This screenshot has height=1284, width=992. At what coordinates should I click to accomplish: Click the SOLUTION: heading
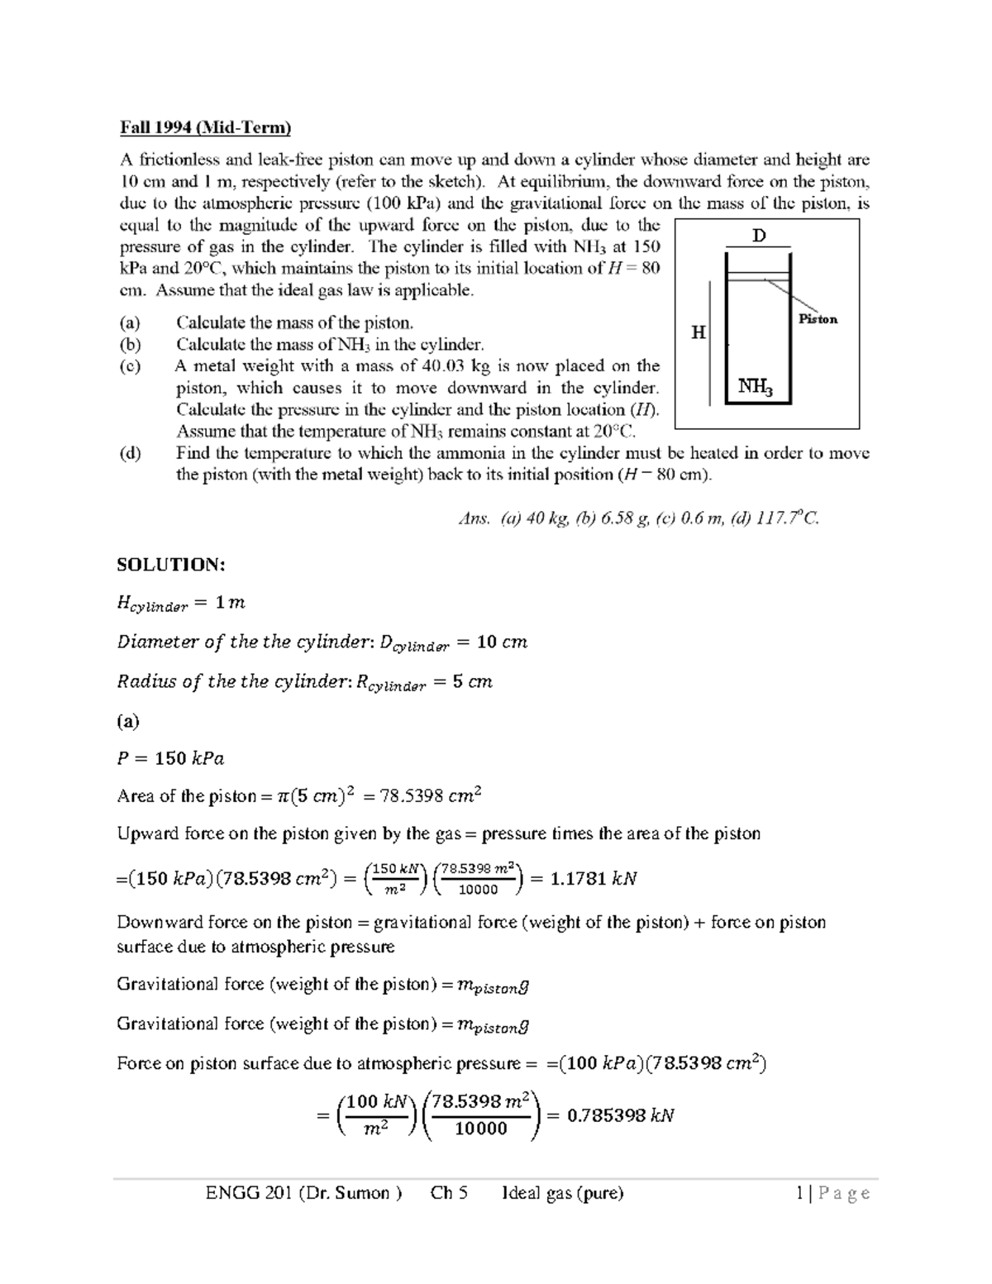coord(170,565)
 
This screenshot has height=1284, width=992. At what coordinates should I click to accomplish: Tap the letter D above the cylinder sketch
coord(759,236)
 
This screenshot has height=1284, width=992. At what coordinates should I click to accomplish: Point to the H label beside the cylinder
coord(699,332)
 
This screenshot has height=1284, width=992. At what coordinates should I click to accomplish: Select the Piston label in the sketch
coord(818,319)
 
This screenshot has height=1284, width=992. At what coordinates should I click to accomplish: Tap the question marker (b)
coord(130,345)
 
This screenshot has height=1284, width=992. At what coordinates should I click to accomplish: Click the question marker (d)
coord(130,453)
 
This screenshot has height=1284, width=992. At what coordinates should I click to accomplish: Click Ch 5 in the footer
coord(449,1193)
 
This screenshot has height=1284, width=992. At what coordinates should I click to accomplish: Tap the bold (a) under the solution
coord(128,721)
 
